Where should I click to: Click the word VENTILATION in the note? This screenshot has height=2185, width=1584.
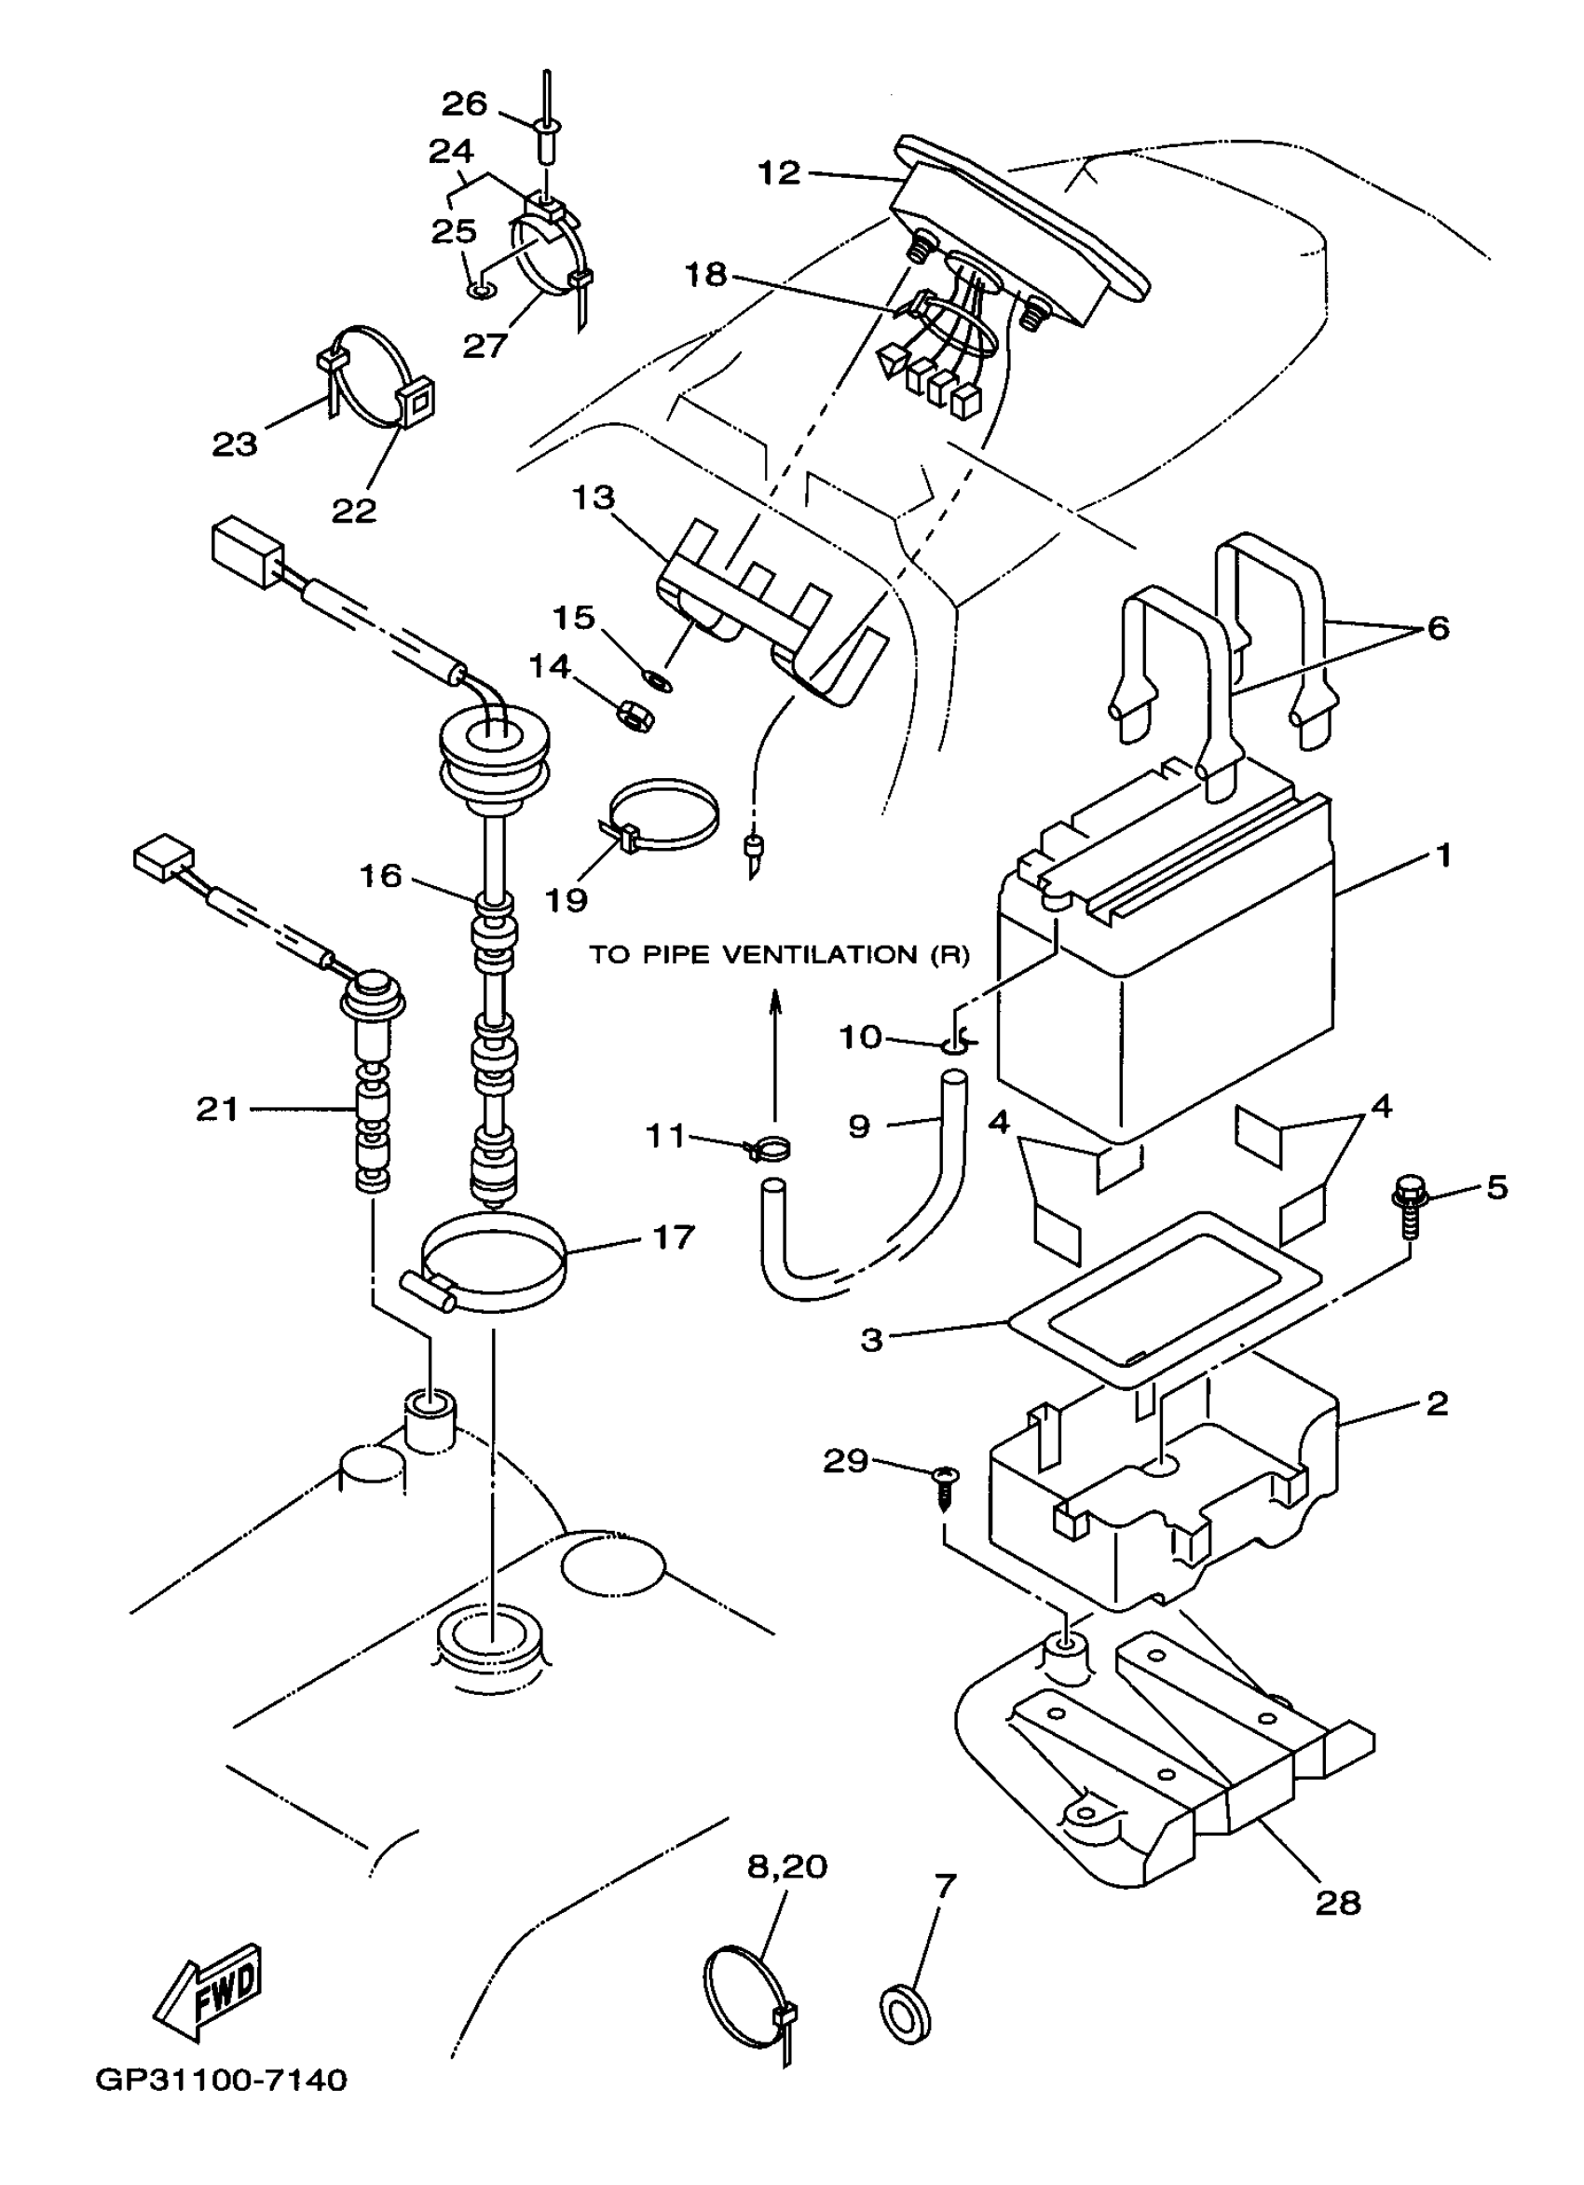pyautogui.click(x=822, y=955)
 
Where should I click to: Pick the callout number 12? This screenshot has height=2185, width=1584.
pyautogui.click(x=779, y=173)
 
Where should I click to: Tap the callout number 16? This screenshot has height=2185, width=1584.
pyautogui.click(x=380, y=876)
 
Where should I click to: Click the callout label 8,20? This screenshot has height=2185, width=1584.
pyautogui.click(x=787, y=1867)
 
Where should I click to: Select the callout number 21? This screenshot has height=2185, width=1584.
pyautogui.click(x=217, y=1110)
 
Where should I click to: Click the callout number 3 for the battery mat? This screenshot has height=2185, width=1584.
pyautogui.click(x=871, y=1340)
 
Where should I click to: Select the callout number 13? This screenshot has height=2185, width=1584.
pyautogui.click(x=593, y=498)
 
